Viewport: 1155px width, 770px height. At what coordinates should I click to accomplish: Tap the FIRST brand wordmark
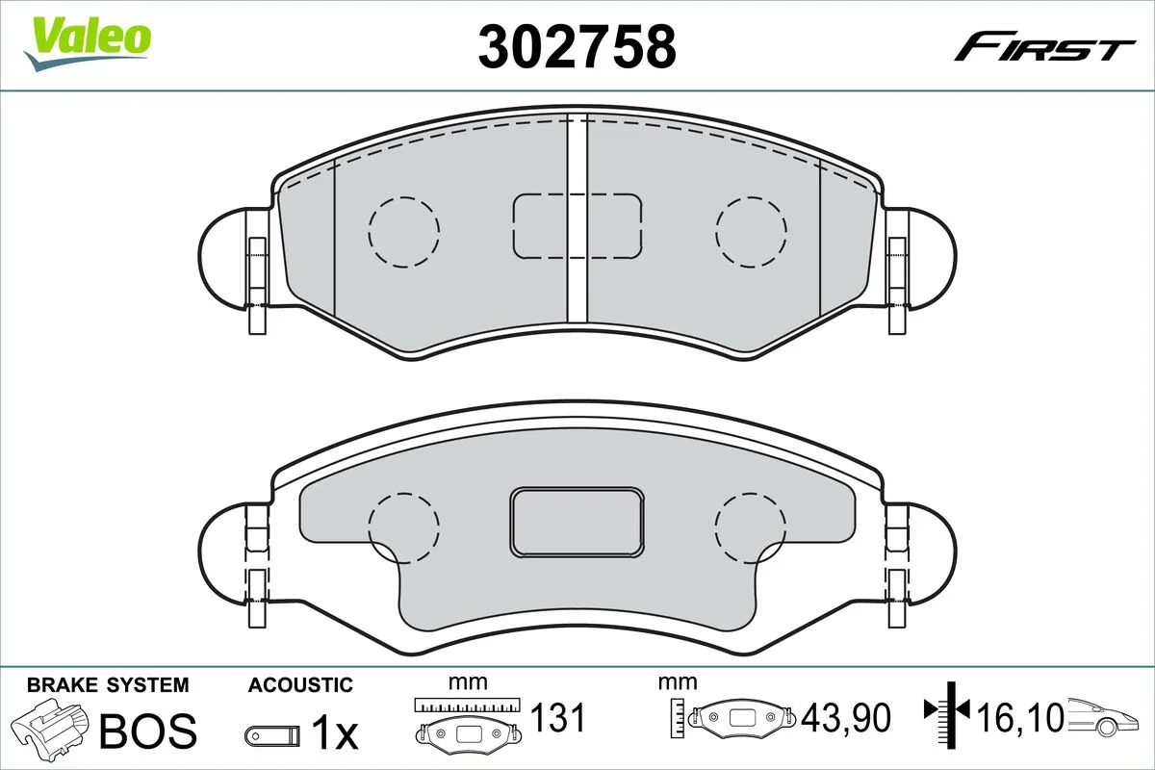(x=1044, y=47)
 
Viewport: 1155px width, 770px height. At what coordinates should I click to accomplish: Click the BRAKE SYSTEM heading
(x=108, y=685)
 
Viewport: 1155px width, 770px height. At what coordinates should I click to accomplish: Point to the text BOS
(x=148, y=731)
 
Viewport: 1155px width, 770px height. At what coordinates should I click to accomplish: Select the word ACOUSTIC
(x=300, y=685)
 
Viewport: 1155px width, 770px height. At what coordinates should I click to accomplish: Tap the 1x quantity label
(x=334, y=734)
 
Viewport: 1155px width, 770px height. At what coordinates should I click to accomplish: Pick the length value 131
(x=559, y=718)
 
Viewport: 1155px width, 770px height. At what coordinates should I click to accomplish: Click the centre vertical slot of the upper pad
(x=577, y=219)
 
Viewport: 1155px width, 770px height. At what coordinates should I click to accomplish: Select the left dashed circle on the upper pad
(x=403, y=231)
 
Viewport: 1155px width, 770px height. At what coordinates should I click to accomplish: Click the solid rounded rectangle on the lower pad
(x=577, y=521)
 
